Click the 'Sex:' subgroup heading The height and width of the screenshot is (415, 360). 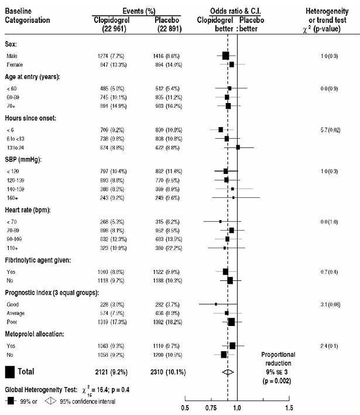click(12, 44)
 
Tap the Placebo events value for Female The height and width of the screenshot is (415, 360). click(166, 64)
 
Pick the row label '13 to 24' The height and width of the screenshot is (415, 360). click(16, 148)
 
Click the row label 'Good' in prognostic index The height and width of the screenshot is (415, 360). click(13, 304)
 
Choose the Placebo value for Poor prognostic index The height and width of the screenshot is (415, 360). click(166, 322)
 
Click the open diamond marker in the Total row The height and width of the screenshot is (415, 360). click(229, 371)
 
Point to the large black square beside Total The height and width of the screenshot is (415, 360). click(10, 371)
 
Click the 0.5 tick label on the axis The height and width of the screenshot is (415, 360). click(185, 407)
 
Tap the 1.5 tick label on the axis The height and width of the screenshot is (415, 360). click(289, 407)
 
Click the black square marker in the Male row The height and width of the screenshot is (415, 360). click(225, 56)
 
